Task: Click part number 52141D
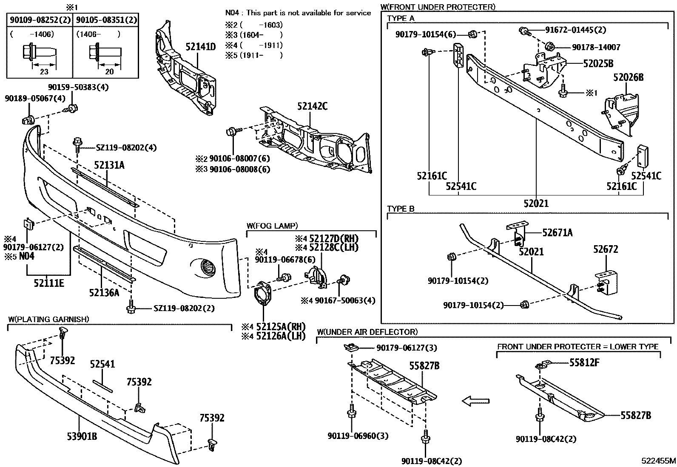tap(200, 47)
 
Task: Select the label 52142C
tap(312, 106)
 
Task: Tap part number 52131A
tap(109, 165)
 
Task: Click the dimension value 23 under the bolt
tap(44, 71)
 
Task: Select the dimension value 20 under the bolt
tap(109, 71)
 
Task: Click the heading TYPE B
tap(401, 209)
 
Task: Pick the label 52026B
tap(628, 77)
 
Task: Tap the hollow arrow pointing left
tap(475, 401)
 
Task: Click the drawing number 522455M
tap(659, 461)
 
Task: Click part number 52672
tap(606, 249)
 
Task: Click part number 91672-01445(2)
tap(576, 30)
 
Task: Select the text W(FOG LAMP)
tap(272, 226)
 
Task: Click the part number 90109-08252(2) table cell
tap(39, 20)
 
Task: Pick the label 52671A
tap(557, 232)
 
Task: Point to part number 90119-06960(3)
tap(358, 436)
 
